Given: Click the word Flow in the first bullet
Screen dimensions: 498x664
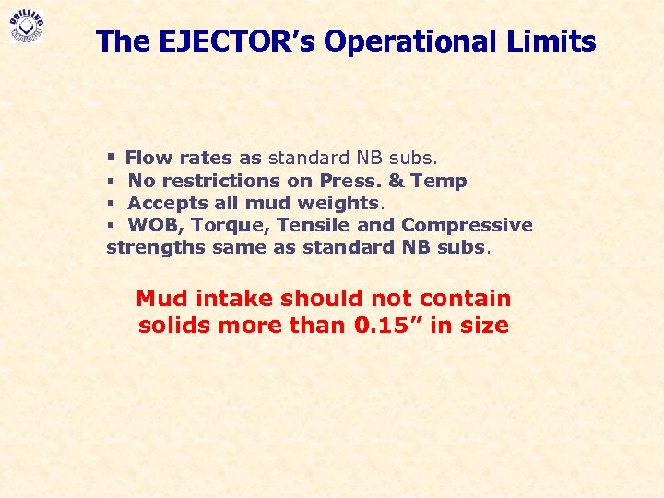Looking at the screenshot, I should click(x=143, y=159).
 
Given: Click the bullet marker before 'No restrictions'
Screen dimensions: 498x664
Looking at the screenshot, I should click(x=111, y=181).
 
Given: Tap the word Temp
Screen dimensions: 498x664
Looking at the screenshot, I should click(x=439, y=181).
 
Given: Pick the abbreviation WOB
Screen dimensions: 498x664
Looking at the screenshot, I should click(x=154, y=225).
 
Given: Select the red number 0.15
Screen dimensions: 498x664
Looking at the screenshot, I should click(x=386, y=326).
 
